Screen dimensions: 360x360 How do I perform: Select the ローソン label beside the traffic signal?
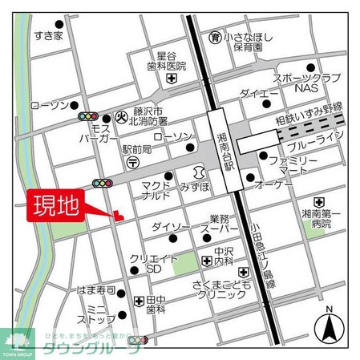[x=50, y=105]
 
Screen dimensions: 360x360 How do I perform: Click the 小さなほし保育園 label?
[x=243, y=42]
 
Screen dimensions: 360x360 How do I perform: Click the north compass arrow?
[x=330, y=327]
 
